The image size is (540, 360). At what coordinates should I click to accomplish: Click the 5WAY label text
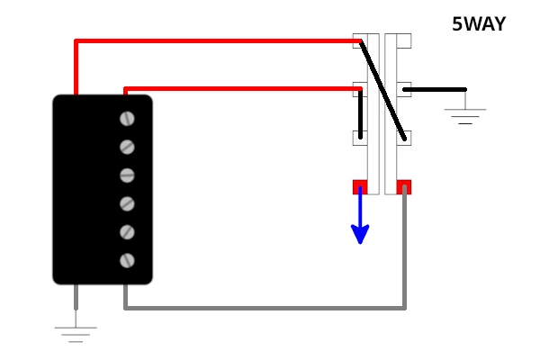(x=478, y=25)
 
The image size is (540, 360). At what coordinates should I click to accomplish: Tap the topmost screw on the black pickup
(x=127, y=119)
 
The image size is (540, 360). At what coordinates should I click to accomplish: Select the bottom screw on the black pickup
(x=127, y=261)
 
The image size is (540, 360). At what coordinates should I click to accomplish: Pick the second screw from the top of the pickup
(x=127, y=147)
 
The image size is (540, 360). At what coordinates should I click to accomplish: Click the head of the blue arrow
(x=360, y=235)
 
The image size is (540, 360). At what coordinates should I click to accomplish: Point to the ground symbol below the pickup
(x=76, y=333)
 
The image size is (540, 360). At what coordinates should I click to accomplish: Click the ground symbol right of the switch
(x=465, y=115)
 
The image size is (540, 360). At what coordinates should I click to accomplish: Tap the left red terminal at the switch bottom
(x=360, y=186)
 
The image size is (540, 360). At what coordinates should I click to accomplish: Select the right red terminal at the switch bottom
(x=404, y=186)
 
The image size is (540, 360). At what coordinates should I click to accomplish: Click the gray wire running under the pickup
(x=270, y=308)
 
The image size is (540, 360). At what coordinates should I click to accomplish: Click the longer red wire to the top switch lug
(x=216, y=41)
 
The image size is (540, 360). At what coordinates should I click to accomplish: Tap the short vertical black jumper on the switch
(x=360, y=113)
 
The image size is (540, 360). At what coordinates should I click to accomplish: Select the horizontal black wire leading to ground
(x=436, y=89)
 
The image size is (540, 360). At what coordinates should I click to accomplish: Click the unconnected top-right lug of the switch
(x=403, y=40)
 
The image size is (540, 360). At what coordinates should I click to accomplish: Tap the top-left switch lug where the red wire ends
(x=359, y=40)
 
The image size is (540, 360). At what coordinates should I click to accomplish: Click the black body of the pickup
(x=90, y=189)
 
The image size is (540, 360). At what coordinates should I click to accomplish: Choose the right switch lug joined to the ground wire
(x=404, y=89)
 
